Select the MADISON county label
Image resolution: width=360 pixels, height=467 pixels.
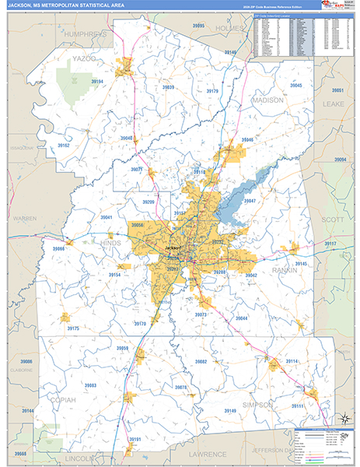tap(267, 100)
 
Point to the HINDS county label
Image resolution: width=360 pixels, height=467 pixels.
tap(111, 244)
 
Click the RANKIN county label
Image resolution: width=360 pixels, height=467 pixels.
tap(285, 271)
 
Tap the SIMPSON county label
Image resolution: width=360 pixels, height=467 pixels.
tap(257, 406)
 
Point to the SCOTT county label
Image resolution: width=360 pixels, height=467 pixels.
tap(332, 220)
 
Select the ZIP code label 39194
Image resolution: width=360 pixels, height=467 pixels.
tap(96, 82)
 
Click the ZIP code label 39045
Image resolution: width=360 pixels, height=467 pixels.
tap(296, 85)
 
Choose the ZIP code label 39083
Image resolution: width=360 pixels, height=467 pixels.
tap(90, 385)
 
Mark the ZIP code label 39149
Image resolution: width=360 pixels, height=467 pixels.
tap(208, 411)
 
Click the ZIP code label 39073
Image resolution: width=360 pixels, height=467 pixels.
tap(201, 314)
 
